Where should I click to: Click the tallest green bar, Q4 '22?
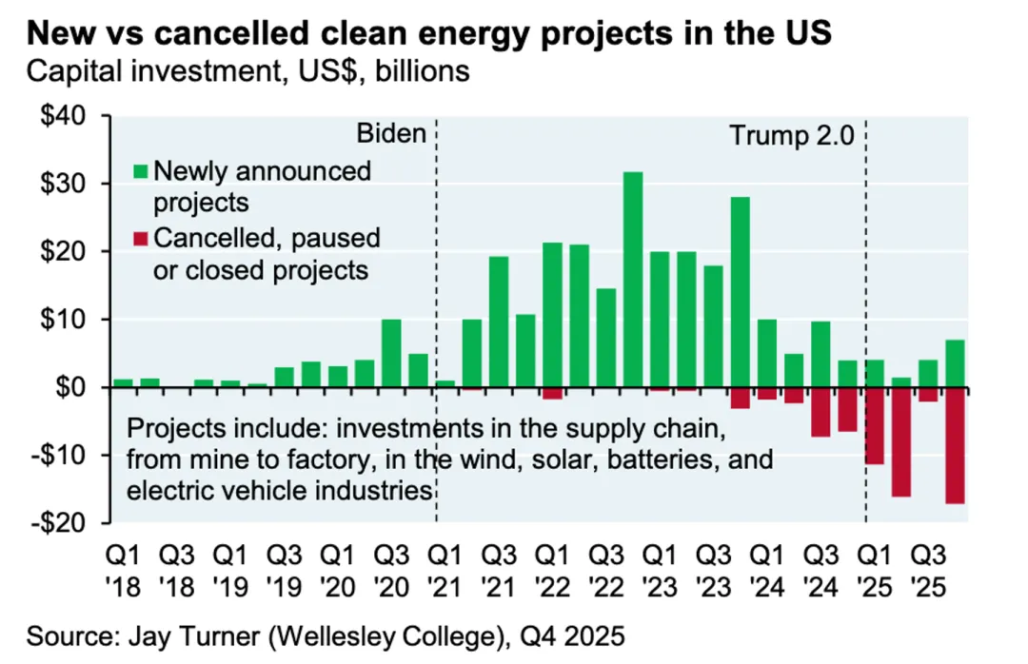pyautogui.click(x=633, y=280)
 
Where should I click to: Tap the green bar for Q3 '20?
pyautogui.click(x=390, y=353)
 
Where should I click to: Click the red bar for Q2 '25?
pyautogui.click(x=901, y=442)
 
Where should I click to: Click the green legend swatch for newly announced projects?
pyautogui.click(x=141, y=172)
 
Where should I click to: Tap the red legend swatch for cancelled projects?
pyautogui.click(x=141, y=237)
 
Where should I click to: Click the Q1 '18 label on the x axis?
pyautogui.click(x=123, y=566)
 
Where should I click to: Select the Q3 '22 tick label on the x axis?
pyautogui.click(x=606, y=566)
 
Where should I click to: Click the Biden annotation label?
pyautogui.click(x=390, y=133)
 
